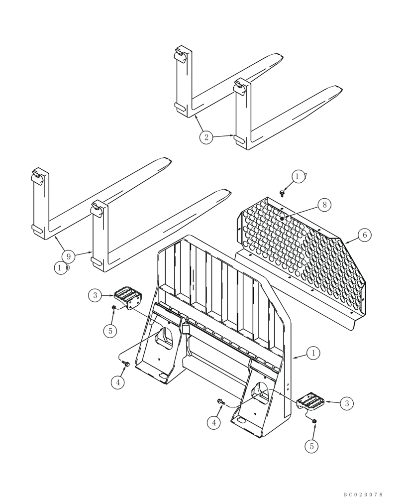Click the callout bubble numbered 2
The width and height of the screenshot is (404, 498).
click(206, 137)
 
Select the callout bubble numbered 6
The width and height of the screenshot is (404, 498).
click(365, 235)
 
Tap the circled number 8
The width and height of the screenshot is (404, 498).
click(324, 205)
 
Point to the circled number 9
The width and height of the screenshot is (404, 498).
click(68, 256)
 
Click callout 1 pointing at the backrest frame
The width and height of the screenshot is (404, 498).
click(313, 353)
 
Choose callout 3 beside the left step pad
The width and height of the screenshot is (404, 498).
click(96, 295)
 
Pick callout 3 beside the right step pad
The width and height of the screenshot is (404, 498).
click(347, 403)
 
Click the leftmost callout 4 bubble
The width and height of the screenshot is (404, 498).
click(117, 382)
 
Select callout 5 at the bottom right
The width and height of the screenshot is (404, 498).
click(312, 446)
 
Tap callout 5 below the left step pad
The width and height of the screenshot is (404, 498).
click(110, 330)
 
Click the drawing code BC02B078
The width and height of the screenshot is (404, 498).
click(363, 494)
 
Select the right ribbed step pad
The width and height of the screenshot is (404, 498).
click(311, 401)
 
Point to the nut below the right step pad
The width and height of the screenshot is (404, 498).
click(314, 422)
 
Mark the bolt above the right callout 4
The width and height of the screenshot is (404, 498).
click(220, 401)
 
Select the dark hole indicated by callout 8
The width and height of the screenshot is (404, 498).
click(282, 218)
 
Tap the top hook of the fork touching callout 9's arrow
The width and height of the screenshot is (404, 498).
click(99, 208)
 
